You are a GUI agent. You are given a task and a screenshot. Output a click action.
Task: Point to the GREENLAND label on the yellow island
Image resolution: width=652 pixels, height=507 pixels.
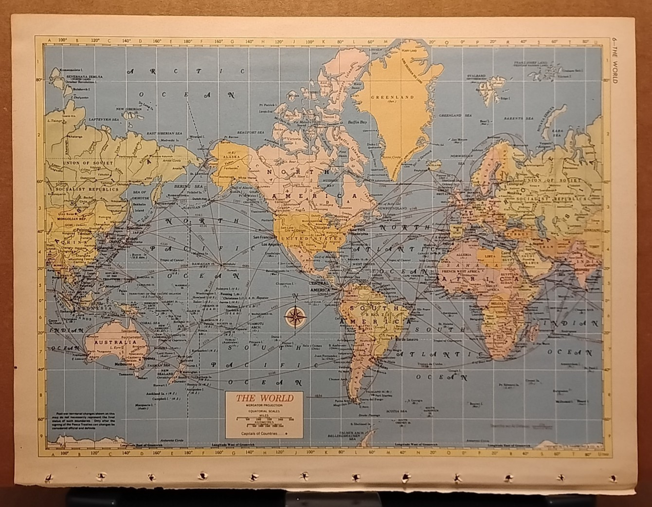(399, 97)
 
